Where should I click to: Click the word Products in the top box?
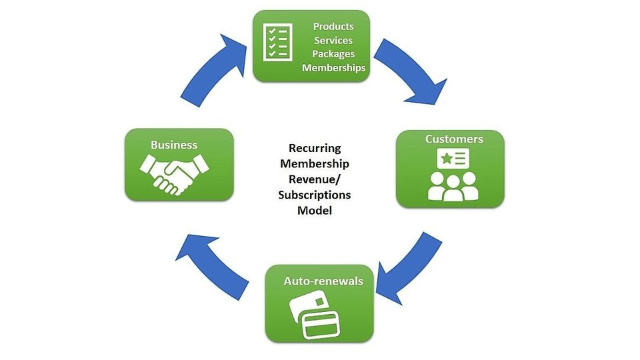(333, 26)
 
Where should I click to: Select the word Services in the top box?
(333, 40)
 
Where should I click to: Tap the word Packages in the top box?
(333, 54)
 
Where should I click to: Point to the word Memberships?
(333, 68)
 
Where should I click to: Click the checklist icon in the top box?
(276, 42)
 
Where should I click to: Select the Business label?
(174, 145)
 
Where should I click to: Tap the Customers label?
(454, 139)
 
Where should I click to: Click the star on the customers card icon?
(444, 158)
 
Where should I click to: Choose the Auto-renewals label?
(323, 281)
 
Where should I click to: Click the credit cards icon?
(315, 315)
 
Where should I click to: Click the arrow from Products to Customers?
(412, 73)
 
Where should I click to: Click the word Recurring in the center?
(315, 148)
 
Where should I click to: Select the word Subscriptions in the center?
(315, 195)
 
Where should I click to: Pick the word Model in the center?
(315, 210)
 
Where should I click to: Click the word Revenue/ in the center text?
(315, 179)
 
